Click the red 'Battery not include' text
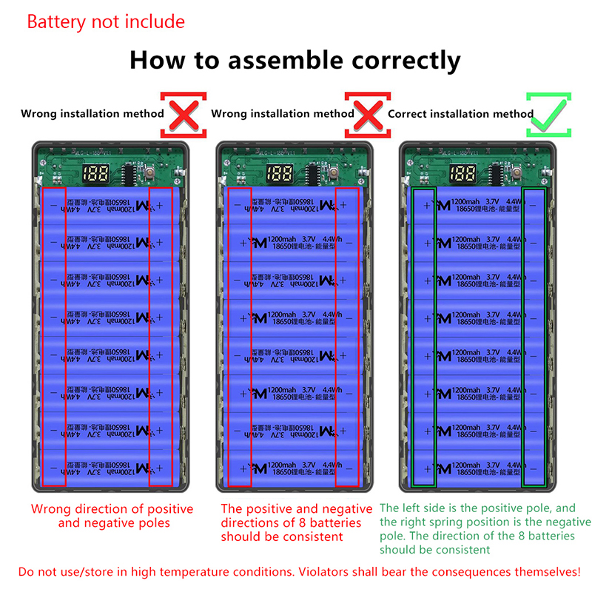point(106,21)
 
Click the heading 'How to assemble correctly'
point(295,59)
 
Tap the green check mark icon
point(548,115)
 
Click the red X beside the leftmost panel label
point(184,115)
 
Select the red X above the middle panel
point(368,115)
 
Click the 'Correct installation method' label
point(460,114)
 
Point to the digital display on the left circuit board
point(98,175)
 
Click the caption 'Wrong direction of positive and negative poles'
point(112,516)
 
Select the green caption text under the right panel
point(485,528)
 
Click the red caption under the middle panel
point(297,522)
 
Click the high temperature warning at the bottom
point(300,572)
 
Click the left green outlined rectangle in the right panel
point(425,337)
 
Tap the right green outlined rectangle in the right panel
point(534,337)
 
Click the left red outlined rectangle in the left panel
point(54,337)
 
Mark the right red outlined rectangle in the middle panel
point(348,337)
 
